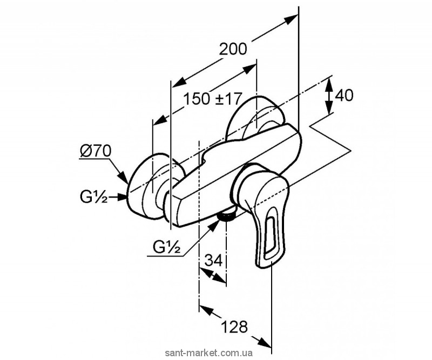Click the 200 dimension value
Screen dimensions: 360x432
(x=233, y=49)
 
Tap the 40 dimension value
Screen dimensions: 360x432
(x=344, y=96)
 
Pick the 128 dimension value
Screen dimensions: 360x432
(x=234, y=326)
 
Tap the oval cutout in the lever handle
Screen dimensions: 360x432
(x=270, y=238)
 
